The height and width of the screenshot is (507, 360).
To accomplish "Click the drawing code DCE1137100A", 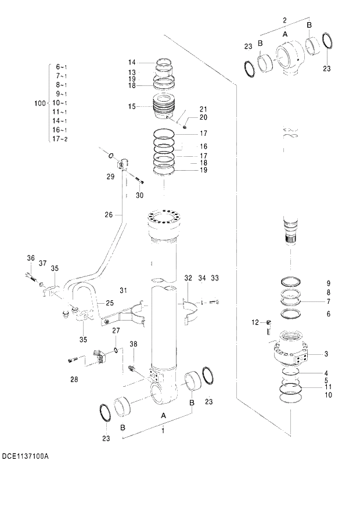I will tap(26, 456).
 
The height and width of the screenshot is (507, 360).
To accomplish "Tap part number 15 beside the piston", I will tap(132, 106).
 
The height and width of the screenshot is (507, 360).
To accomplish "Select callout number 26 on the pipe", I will tap(109, 215).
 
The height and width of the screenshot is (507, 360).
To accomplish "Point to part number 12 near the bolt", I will tap(254, 322).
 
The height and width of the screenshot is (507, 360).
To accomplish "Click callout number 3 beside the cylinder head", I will tap(326, 354).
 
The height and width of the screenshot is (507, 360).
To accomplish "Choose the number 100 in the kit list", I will tap(40, 103).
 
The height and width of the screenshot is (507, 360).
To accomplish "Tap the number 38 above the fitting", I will tap(134, 344).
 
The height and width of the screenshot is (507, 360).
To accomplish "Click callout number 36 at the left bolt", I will tap(31, 258).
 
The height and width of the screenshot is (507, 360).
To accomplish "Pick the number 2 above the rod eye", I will tap(285, 20).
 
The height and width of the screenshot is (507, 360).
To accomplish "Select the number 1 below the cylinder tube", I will tap(163, 430).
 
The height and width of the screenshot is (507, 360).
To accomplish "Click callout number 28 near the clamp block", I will tap(74, 380).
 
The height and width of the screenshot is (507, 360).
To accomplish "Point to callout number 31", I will tap(123, 290).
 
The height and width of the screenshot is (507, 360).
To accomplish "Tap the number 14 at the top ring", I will tap(132, 62).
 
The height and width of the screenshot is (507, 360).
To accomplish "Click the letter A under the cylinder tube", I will tap(163, 416).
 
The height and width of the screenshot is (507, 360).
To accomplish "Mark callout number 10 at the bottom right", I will tap(328, 395).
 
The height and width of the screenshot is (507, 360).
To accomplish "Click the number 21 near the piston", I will tap(203, 109).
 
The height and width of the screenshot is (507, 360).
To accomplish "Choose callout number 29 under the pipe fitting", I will tap(110, 177).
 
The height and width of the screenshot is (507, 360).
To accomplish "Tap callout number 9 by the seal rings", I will tap(327, 283).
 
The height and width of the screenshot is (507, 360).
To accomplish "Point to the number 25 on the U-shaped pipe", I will tap(109, 303).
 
